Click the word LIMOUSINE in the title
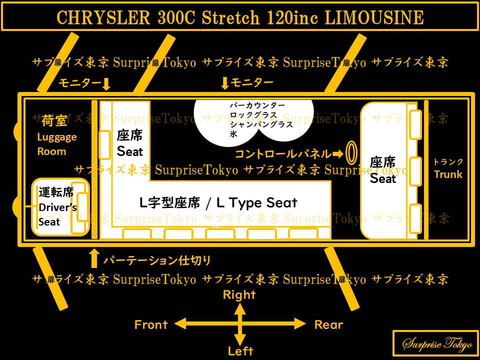click(x=374, y=18)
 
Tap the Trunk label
click(x=448, y=174)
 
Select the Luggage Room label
click(x=57, y=144)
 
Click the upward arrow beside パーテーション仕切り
click(x=93, y=258)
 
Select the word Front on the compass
click(x=151, y=324)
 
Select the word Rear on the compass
click(x=328, y=324)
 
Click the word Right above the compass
click(x=239, y=295)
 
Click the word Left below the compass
click(x=240, y=350)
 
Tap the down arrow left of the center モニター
click(x=225, y=83)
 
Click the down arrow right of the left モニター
click(x=105, y=83)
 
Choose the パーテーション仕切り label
click(x=157, y=260)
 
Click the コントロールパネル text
click(x=283, y=153)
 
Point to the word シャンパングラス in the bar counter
click(x=261, y=125)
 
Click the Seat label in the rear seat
click(x=383, y=178)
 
